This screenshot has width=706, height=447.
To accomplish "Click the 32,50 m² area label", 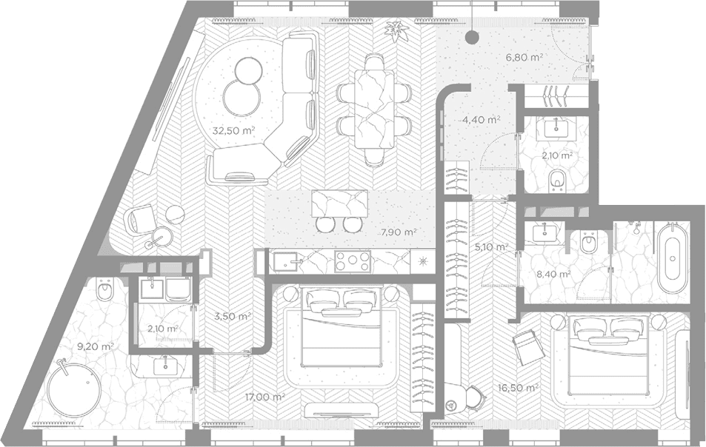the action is (x=233, y=131).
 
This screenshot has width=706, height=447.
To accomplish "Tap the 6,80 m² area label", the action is (x=524, y=57).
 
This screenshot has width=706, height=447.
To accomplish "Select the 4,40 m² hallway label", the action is (x=482, y=120).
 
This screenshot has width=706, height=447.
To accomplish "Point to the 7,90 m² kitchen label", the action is (x=399, y=232).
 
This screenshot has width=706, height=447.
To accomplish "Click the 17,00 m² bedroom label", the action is (x=265, y=397).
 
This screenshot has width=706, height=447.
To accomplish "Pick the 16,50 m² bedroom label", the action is (x=519, y=387).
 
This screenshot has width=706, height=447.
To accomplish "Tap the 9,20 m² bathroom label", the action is (x=95, y=346).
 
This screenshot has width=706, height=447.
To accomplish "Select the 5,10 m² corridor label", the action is (x=492, y=246).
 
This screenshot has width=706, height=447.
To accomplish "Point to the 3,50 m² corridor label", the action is (x=233, y=316).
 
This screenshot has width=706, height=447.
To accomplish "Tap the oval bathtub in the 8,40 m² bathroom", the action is (x=672, y=258).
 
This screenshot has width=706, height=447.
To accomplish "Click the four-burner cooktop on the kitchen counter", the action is (x=353, y=261).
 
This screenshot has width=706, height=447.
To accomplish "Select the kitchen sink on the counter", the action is (x=287, y=261).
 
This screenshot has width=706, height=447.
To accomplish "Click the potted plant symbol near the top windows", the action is (x=396, y=32).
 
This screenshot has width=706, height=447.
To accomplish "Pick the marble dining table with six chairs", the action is (x=374, y=109).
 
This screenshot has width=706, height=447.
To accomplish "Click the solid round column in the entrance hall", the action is (x=471, y=36).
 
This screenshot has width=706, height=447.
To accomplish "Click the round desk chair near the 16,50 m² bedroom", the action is (x=475, y=395).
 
